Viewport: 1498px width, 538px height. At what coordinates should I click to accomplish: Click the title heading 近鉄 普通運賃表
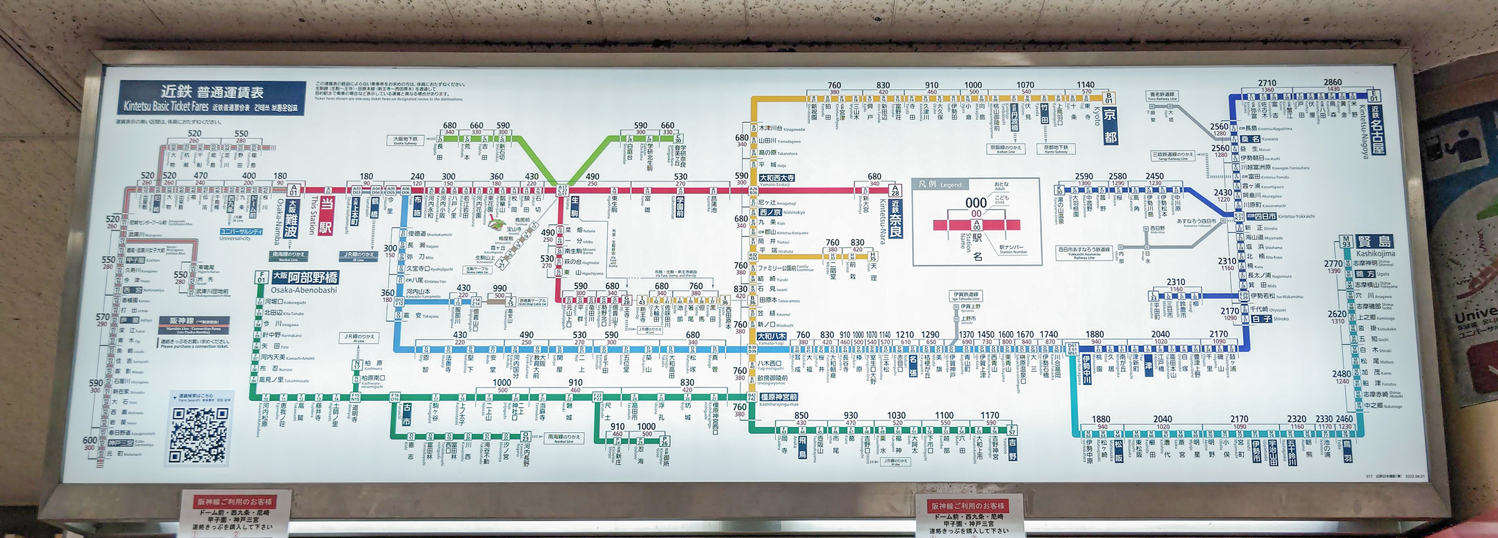213,92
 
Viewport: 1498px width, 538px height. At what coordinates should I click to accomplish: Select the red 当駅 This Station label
327,216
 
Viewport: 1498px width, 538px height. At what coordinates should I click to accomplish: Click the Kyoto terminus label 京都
1109,125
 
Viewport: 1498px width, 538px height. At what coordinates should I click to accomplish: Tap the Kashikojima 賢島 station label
1375,242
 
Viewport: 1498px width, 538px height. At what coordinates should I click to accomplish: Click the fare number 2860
1332,83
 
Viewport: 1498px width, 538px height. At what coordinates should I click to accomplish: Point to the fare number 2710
1266,83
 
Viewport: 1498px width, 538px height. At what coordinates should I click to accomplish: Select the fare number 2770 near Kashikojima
1333,264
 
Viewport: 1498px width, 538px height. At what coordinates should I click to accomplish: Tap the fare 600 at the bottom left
90,440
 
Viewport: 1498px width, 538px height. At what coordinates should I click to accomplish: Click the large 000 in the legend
976,203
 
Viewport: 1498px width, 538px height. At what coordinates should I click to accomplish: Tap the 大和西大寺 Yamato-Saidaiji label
777,178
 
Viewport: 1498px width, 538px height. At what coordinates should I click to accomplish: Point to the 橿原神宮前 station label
778,397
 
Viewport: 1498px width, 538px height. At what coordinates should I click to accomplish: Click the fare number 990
500,288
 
